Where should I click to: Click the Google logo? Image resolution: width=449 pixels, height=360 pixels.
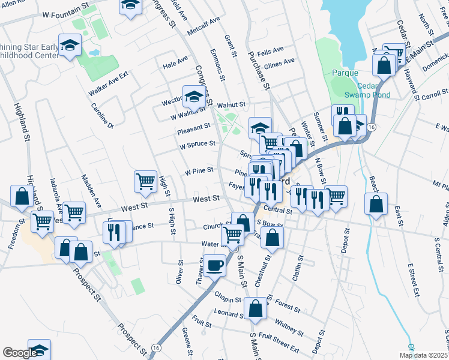19,353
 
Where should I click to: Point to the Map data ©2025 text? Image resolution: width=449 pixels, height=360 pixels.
423,355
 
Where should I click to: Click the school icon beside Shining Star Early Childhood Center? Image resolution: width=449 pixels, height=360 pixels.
70,46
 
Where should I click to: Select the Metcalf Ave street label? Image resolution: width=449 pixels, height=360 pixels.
203,27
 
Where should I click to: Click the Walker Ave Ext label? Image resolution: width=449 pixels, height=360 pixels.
109,83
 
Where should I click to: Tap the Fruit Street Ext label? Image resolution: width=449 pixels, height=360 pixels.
278,346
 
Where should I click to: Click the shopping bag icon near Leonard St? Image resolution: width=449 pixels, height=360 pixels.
256,308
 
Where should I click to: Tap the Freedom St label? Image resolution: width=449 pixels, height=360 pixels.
10,253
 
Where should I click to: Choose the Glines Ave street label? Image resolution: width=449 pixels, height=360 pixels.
280,62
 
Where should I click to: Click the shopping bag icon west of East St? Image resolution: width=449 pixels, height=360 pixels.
376,204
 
